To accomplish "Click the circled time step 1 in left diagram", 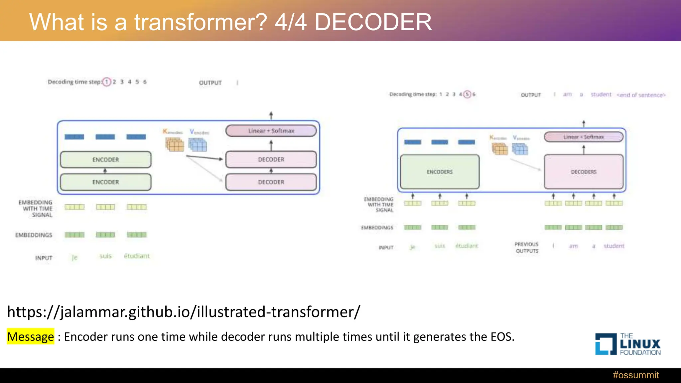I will click(x=107, y=82).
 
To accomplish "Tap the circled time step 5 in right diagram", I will click(x=467, y=94).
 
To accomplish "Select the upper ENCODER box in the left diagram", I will click(x=106, y=160).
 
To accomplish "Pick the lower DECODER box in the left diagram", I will click(x=271, y=182).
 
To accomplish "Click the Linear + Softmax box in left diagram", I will click(x=271, y=131).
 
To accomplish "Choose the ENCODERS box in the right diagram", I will click(x=440, y=172).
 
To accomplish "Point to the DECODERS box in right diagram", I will click(x=584, y=172).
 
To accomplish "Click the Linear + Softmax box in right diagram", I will click(x=584, y=137).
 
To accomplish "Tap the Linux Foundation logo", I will click(x=628, y=344).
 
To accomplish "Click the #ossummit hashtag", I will click(x=635, y=375).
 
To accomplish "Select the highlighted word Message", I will click(x=30, y=337).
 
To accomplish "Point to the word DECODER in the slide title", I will click(x=373, y=22).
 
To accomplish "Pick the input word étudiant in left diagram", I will click(x=137, y=256).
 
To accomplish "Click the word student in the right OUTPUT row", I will click(x=601, y=95).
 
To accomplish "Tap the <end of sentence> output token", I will click(x=641, y=95).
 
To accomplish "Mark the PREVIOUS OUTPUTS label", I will click(x=527, y=248).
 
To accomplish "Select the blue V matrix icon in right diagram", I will click(x=520, y=149).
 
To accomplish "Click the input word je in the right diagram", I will click(x=413, y=247).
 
